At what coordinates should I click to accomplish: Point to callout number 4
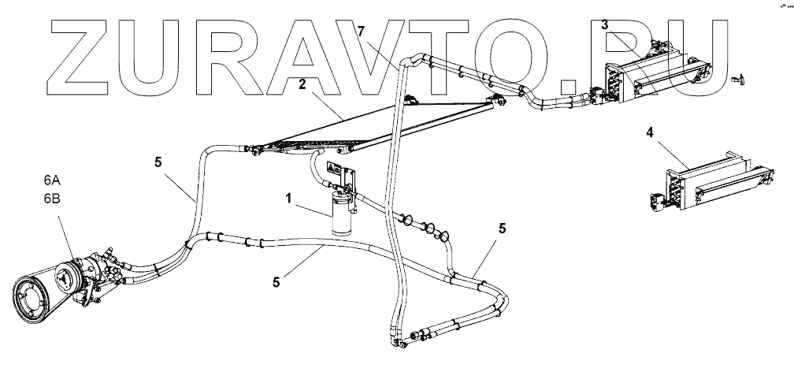click(x=650, y=133)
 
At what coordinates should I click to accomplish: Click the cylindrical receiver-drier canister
click(x=343, y=213)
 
